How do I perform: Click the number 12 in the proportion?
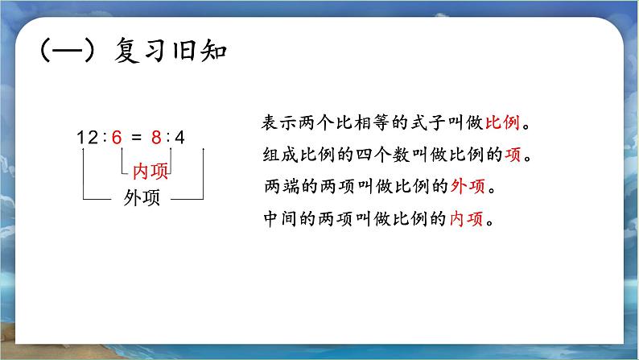(87, 137)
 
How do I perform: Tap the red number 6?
(117, 137)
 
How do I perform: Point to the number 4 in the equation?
(179, 137)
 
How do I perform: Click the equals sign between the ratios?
(137, 137)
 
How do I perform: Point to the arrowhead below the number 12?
(84, 151)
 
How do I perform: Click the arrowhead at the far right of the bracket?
(204, 151)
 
